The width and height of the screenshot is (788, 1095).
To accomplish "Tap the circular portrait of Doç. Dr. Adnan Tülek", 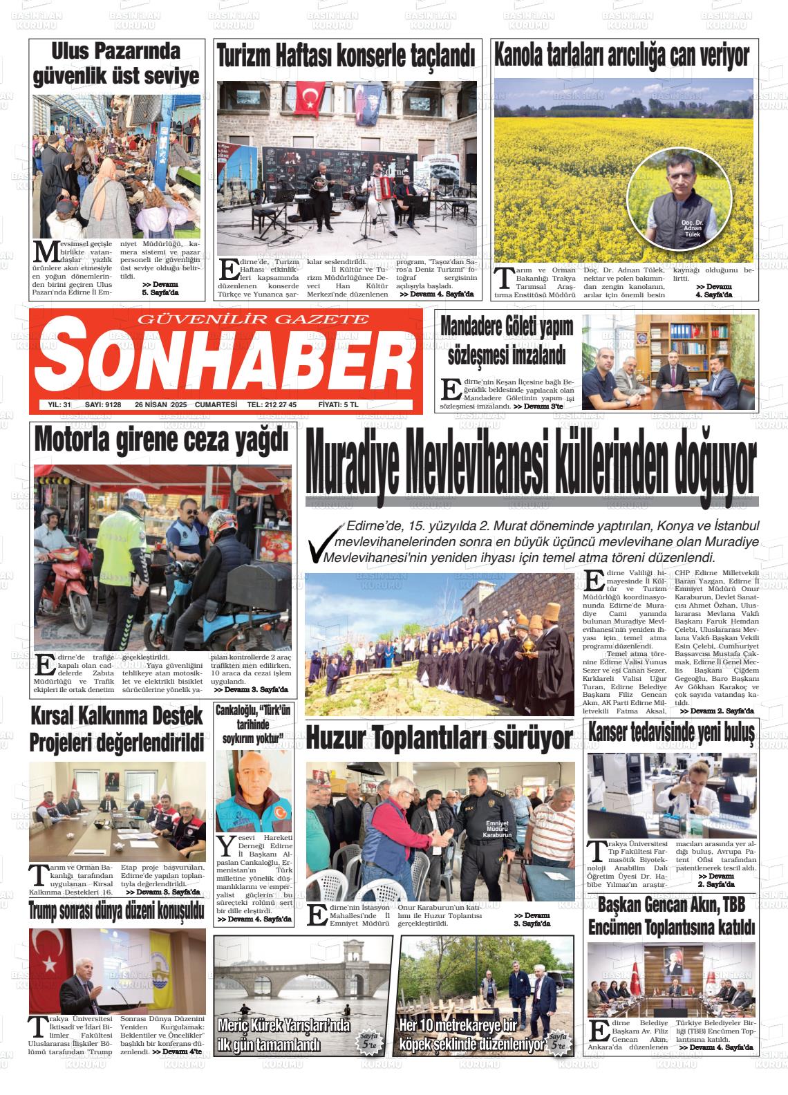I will click(x=679, y=197).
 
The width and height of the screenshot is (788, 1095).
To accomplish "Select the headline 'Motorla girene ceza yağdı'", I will click(x=160, y=440).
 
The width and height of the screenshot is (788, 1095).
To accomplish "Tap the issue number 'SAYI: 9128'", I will click(x=103, y=404).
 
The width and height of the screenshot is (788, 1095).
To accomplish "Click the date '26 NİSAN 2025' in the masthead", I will click(x=161, y=404).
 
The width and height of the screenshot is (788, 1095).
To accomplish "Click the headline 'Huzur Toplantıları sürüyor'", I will click(x=439, y=738).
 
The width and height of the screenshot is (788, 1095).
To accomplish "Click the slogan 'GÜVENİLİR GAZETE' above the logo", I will click(x=254, y=319).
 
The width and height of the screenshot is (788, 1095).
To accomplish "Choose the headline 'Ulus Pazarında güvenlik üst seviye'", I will click(x=116, y=64).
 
